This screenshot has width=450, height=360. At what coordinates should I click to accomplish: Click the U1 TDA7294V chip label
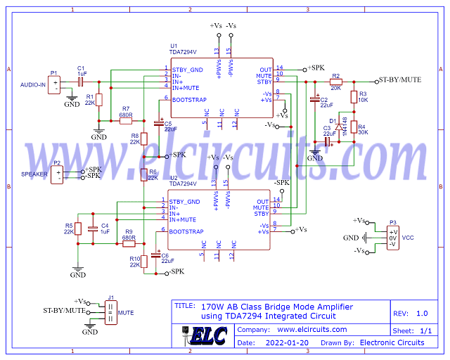(x=183, y=52)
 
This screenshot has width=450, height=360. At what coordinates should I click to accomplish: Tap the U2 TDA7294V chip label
(x=183, y=184)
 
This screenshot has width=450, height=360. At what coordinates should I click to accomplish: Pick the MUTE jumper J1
(x=110, y=311)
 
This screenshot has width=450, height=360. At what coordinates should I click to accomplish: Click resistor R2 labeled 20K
(x=335, y=82)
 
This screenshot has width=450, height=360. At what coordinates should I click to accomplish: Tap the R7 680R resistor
(x=126, y=121)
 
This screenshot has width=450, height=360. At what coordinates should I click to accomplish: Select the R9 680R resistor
(x=129, y=244)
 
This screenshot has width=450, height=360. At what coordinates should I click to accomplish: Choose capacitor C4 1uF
(x=92, y=227)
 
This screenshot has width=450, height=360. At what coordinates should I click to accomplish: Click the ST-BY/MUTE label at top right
(x=400, y=80)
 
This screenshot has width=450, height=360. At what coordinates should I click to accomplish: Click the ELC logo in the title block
(x=208, y=336)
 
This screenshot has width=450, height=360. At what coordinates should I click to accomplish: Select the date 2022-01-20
(x=288, y=342)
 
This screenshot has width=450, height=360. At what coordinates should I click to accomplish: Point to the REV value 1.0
(x=421, y=314)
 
